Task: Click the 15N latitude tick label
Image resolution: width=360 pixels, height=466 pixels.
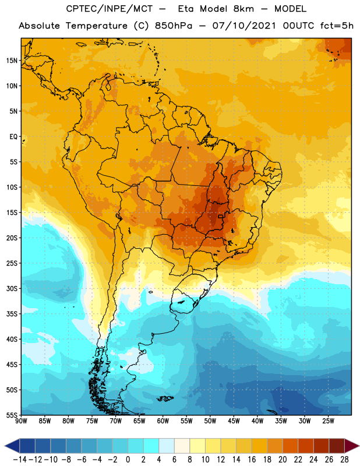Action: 12,61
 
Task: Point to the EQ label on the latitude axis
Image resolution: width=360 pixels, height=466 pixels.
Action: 13,137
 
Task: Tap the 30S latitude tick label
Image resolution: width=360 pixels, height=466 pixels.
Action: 12,288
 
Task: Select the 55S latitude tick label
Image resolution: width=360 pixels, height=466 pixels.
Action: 12,415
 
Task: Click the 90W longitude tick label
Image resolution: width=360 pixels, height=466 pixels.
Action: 21,421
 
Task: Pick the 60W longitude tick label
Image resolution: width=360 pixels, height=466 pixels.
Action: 163,421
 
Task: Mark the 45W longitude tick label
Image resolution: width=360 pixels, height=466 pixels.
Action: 234,421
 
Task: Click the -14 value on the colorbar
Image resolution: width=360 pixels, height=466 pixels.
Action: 20,460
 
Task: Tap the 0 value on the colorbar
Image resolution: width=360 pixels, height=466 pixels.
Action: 128,460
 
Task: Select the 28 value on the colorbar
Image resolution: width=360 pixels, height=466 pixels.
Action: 344,460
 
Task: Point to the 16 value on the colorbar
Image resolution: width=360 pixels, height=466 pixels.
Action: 252,460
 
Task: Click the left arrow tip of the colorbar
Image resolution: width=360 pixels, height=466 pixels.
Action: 5,446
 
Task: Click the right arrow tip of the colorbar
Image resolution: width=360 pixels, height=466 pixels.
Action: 359,446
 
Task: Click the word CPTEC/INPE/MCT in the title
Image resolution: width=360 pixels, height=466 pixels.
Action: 109,9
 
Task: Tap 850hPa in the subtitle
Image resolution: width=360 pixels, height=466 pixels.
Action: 174,26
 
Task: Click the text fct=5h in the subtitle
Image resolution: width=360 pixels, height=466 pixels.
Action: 337,26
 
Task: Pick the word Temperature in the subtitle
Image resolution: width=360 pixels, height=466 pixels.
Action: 96,26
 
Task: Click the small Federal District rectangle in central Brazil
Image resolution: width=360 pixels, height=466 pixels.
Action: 220,216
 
